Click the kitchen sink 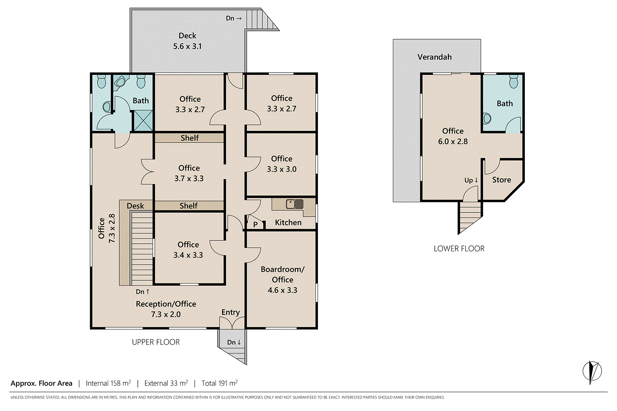(x=295, y=204)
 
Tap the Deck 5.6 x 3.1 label (x=187, y=41)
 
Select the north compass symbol (x=592, y=371)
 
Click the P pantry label (x=255, y=224)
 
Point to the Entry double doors (x=232, y=323)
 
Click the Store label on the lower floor (x=501, y=180)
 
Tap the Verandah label (x=434, y=57)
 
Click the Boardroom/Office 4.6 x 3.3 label (x=282, y=279)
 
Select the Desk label (x=135, y=205)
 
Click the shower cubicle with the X (x=143, y=120)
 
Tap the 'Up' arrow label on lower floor (x=471, y=180)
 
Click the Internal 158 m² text (x=108, y=383)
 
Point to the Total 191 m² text (x=220, y=383)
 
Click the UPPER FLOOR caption (x=155, y=342)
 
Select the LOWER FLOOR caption (x=459, y=248)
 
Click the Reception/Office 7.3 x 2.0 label (x=166, y=309)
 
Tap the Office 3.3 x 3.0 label (x=281, y=164)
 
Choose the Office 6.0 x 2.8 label (x=453, y=136)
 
